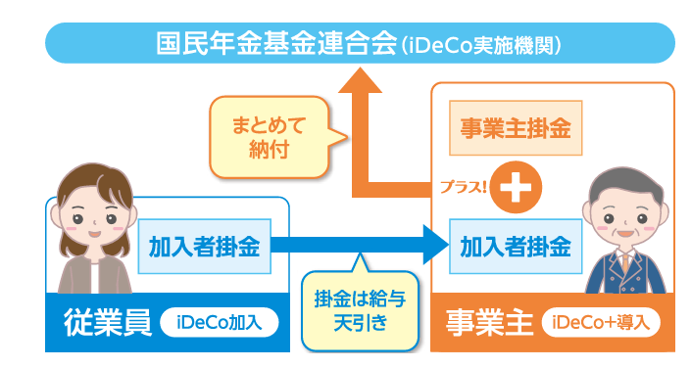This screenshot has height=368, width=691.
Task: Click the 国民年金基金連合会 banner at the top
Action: (x=360, y=43)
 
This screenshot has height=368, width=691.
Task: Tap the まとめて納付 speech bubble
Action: (x=270, y=137)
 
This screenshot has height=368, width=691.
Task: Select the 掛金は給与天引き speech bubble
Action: (x=360, y=308)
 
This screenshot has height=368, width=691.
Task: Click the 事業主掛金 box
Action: (x=516, y=128)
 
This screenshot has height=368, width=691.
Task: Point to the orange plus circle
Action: (x=516, y=188)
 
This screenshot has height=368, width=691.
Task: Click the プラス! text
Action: (x=464, y=187)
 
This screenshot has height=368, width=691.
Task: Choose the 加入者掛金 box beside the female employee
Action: (x=205, y=247)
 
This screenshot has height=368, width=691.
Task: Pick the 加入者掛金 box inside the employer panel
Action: (x=516, y=247)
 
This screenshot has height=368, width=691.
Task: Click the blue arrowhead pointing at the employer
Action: (x=435, y=246)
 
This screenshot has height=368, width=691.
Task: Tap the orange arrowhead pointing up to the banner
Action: (x=360, y=80)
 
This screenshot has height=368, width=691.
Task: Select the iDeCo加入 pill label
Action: (x=219, y=323)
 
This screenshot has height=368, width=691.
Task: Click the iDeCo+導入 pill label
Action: (x=601, y=323)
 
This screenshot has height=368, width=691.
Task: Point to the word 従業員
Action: (x=108, y=323)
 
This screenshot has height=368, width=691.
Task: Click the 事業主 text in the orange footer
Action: (x=489, y=323)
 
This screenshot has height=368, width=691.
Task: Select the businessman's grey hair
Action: (x=625, y=186)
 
